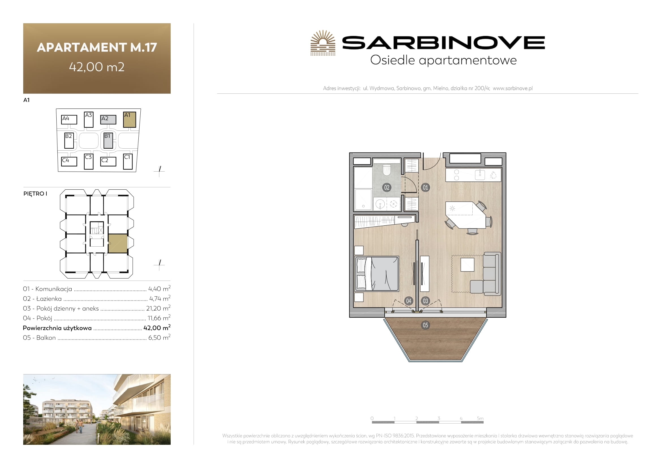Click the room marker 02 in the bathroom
click(x=387, y=187)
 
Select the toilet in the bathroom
click(x=387, y=170)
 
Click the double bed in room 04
click(x=377, y=273)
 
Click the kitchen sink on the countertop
click(x=480, y=175)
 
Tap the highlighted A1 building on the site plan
click(x=129, y=120)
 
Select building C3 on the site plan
click(x=89, y=161)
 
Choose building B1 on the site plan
click(x=108, y=141)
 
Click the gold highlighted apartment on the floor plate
click(x=118, y=244)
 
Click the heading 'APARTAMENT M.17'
click(x=97, y=47)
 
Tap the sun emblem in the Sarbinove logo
click(x=323, y=43)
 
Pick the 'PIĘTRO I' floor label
click(x=35, y=194)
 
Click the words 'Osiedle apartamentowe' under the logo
click(x=444, y=61)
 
